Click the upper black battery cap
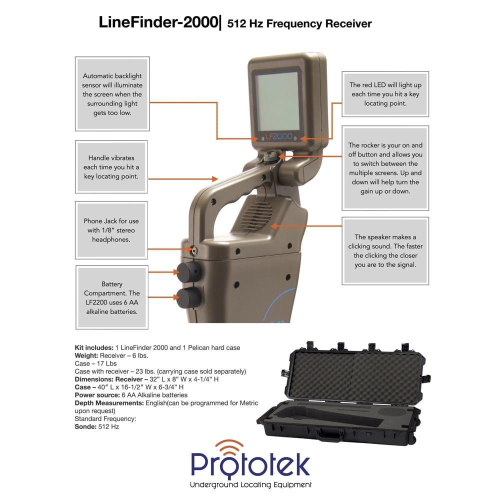pos(189,272)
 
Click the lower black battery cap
pos(189,298)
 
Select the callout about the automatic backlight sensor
pos(112,94)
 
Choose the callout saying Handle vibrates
pos(111,167)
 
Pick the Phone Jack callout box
pos(111,230)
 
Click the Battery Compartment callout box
pos(111,297)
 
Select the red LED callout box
pos(385,94)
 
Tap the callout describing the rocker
pos(385,168)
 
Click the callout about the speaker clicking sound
pos(385,251)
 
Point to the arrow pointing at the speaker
pos(305,226)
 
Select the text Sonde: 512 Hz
pos(97,426)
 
